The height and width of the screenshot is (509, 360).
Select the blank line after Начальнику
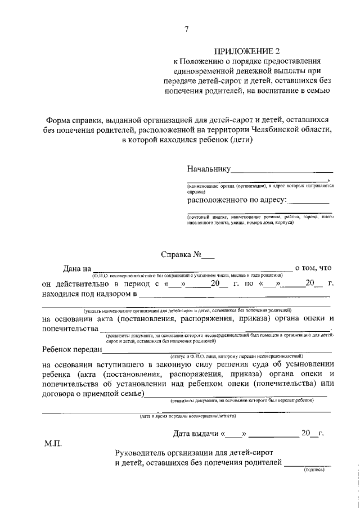(x=282, y=170)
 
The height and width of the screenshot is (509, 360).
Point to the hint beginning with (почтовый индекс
(x=260, y=219)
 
